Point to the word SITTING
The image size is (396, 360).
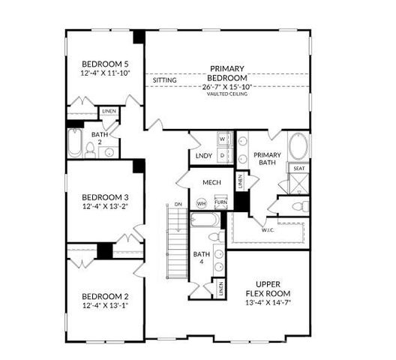[163, 79]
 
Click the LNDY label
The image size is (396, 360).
[204, 156]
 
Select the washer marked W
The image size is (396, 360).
[222, 139]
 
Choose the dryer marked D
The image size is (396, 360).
[222, 155]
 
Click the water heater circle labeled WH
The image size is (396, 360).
[201, 202]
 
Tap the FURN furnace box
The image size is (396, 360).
[220, 202]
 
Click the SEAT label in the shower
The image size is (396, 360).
[298, 169]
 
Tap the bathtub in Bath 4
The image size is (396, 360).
[203, 220]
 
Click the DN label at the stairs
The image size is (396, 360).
[177, 204]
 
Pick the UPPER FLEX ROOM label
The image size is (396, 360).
[268, 286]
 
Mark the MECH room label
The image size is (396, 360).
[210, 182]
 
